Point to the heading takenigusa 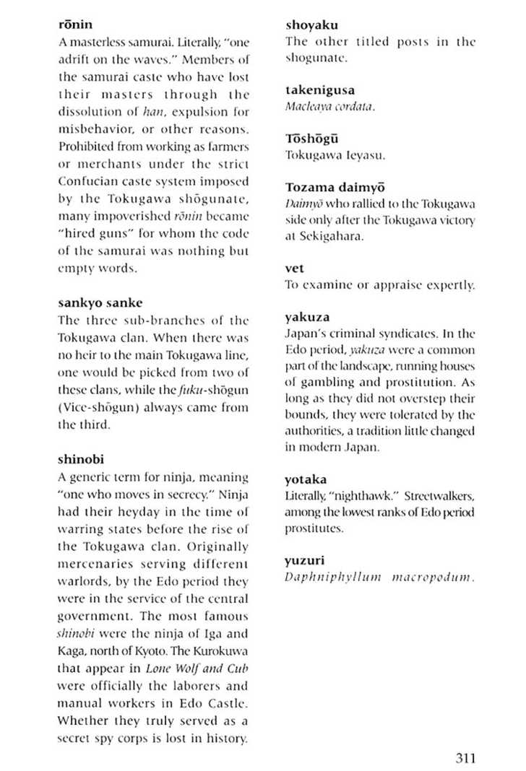coord(320,90)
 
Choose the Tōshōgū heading coord(312,139)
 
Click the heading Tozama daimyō coord(335,188)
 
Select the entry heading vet coord(295,269)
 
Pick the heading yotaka coord(306,479)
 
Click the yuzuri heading coord(304,559)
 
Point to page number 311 coord(465,757)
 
